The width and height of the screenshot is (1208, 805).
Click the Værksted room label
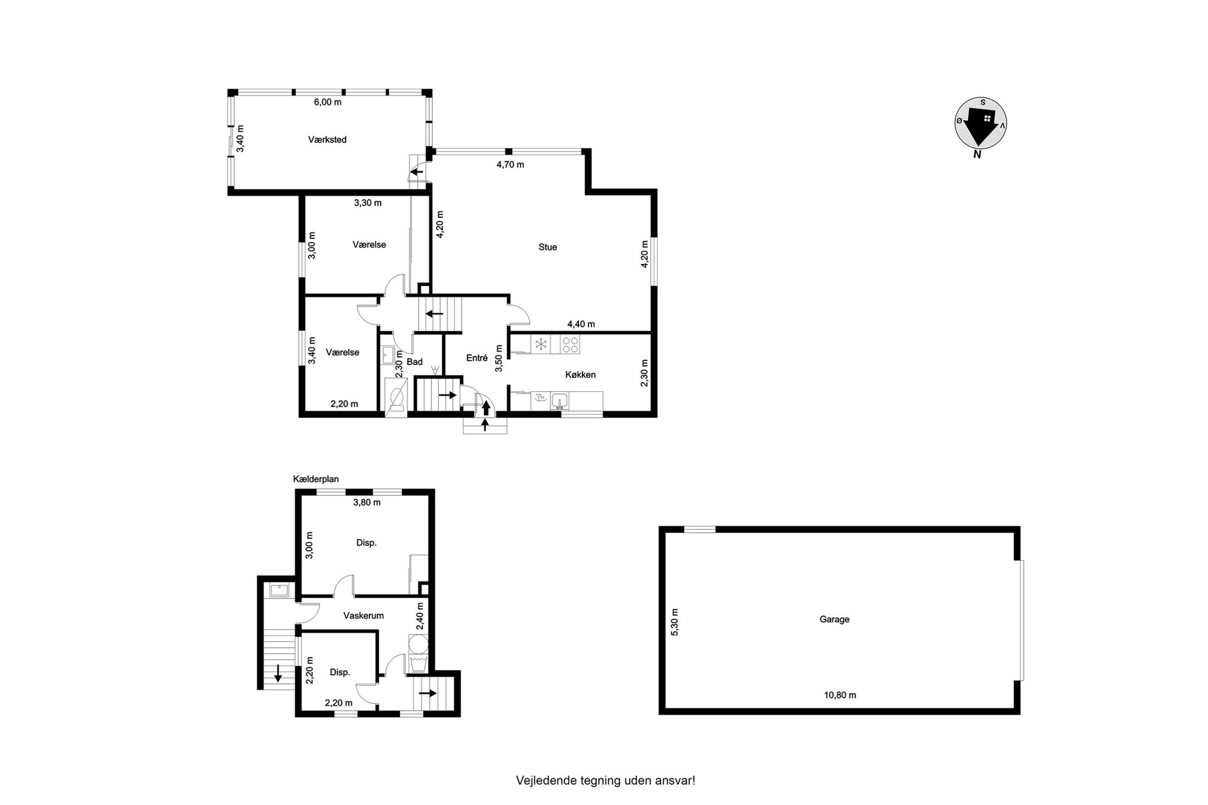click(328, 139)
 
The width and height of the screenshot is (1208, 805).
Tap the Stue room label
click(547, 247)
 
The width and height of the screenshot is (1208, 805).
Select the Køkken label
click(580, 375)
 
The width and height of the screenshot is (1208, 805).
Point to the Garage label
click(834, 619)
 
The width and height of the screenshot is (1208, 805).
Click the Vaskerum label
click(363, 616)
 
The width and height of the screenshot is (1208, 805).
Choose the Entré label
click(477, 358)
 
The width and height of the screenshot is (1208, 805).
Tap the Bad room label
click(415, 362)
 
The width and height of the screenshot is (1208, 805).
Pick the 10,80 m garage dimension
click(840, 695)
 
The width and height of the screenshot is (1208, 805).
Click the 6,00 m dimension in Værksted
click(328, 102)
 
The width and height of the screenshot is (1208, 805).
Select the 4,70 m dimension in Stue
click(510, 164)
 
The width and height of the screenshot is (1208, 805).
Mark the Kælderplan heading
click(316, 479)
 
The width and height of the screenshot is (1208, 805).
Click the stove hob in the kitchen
click(571, 345)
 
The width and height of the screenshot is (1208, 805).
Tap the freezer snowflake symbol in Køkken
click(540, 345)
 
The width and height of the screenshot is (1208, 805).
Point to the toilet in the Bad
click(396, 396)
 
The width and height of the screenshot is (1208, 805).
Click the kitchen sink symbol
click(560, 400)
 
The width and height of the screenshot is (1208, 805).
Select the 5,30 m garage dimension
click(674, 622)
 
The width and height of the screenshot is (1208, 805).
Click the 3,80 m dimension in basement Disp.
click(367, 503)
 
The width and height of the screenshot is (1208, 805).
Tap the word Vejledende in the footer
click(542, 781)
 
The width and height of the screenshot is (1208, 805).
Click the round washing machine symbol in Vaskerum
click(418, 644)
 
